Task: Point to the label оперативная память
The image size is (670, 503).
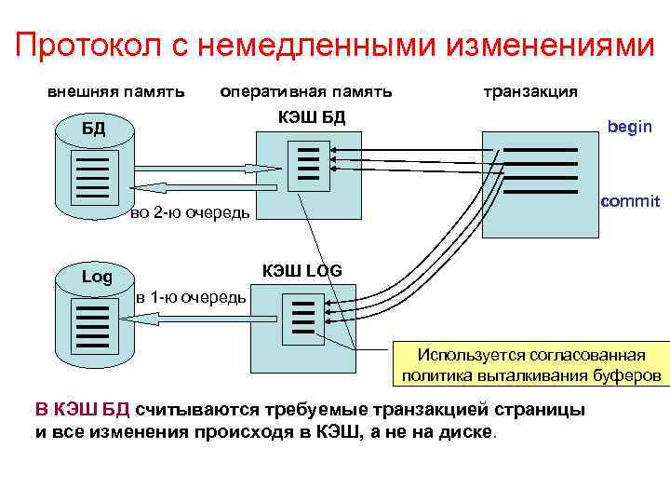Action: pyautogui.click(x=305, y=91)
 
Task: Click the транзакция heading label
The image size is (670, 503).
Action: pyautogui.click(x=530, y=91)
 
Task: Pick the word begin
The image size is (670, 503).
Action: pyautogui.click(x=629, y=127)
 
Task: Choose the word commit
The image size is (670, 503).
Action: pyautogui.click(x=630, y=201)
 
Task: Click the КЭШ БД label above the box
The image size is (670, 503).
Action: pyautogui.click(x=312, y=116)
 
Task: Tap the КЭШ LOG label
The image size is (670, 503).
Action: pyautogui.click(x=301, y=270)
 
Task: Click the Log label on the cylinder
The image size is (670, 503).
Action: pyautogui.click(x=97, y=277)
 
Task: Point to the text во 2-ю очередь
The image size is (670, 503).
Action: pyautogui.click(x=190, y=214)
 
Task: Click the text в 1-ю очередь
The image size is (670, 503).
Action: pyautogui.click(x=191, y=298)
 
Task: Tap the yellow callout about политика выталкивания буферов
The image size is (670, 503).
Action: pyautogui.click(x=530, y=365)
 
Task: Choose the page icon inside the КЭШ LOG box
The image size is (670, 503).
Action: pyautogui.click(x=303, y=318)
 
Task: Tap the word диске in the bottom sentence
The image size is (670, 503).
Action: pyautogui.click(x=473, y=434)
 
